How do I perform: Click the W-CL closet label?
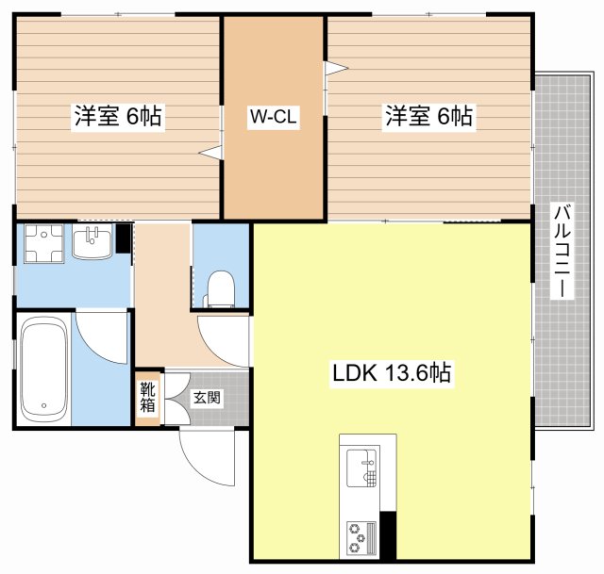click(273, 116)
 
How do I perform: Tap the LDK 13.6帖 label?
click(392, 372)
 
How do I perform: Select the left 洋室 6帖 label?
click(118, 115)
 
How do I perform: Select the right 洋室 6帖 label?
click(428, 115)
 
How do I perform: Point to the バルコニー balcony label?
click(562, 251)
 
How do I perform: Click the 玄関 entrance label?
click(207, 397)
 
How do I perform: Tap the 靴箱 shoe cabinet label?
click(147, 397)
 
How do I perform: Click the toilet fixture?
click(220, 288)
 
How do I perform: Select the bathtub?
click(44, 369)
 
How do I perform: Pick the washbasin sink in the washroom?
click(92, 241)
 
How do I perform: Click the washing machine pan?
click(44, 243)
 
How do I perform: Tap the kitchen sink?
click(361, 467)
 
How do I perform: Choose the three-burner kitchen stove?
click(361, 537)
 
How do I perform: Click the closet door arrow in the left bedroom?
click(210, 153)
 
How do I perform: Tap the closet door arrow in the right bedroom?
click(336, 68)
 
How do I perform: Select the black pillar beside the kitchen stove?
click(388, 535)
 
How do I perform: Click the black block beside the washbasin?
click(124, 238)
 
